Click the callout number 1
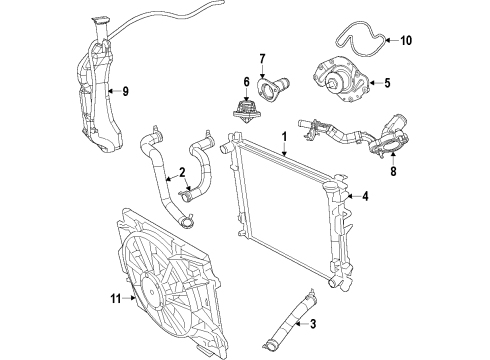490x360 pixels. (x=284, y=135)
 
